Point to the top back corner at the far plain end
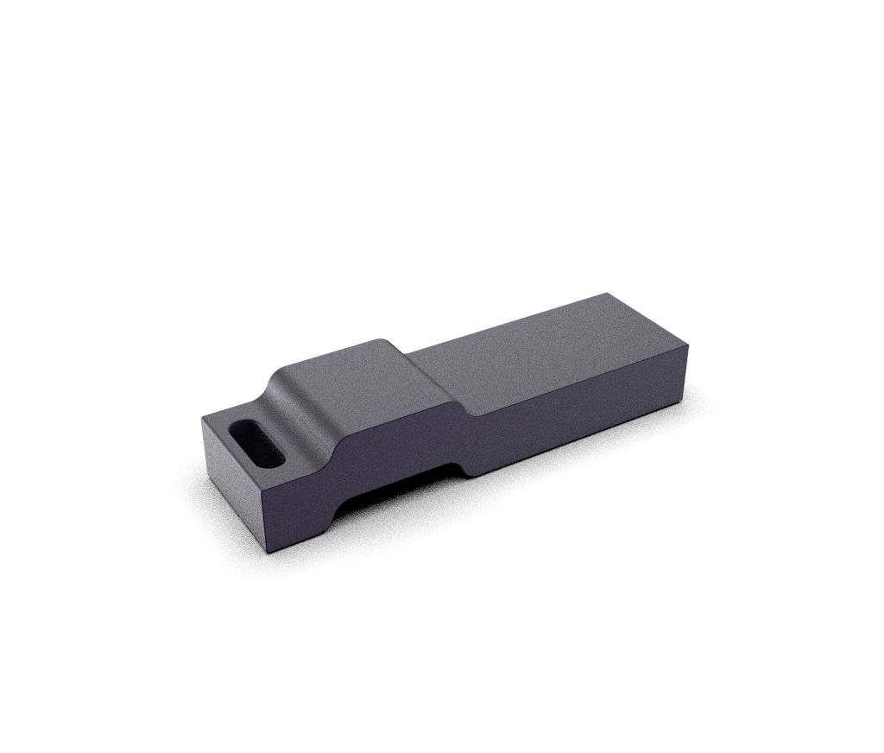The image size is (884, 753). point(605,294)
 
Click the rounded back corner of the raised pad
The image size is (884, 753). point(386,340)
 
